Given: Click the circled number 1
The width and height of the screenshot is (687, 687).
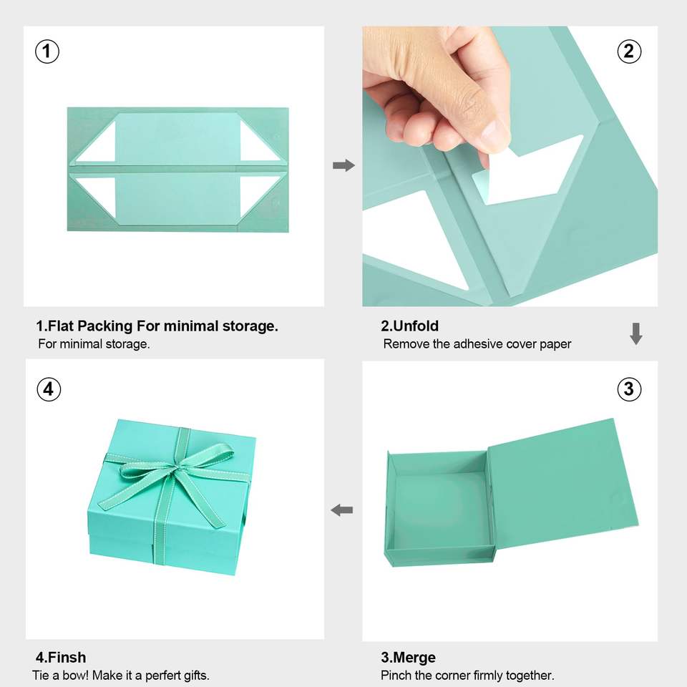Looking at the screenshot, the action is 47,52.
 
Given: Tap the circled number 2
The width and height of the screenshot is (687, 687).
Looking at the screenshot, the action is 629,52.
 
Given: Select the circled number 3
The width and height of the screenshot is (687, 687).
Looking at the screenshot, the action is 629,389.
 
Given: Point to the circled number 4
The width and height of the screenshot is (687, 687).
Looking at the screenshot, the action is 49,389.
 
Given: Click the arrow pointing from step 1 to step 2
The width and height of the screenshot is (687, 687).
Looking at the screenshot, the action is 344,165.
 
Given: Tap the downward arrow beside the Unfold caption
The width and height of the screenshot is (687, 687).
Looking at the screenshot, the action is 636,334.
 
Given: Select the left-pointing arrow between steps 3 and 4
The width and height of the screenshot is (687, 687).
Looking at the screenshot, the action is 342,510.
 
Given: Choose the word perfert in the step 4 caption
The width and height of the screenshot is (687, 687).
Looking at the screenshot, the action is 161,675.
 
